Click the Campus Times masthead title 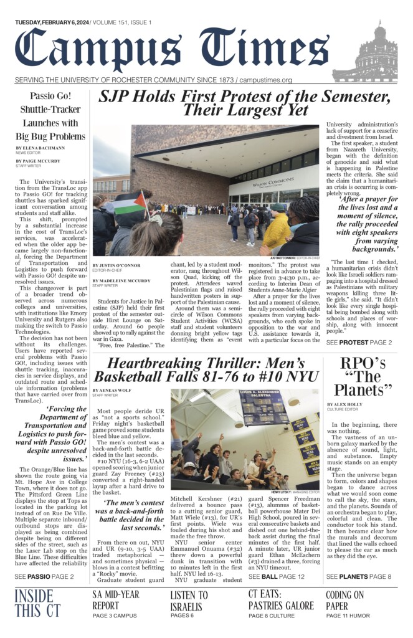171,51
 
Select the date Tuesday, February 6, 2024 52,22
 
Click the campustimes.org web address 265,80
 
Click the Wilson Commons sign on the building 272,183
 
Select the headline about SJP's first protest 244,103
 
